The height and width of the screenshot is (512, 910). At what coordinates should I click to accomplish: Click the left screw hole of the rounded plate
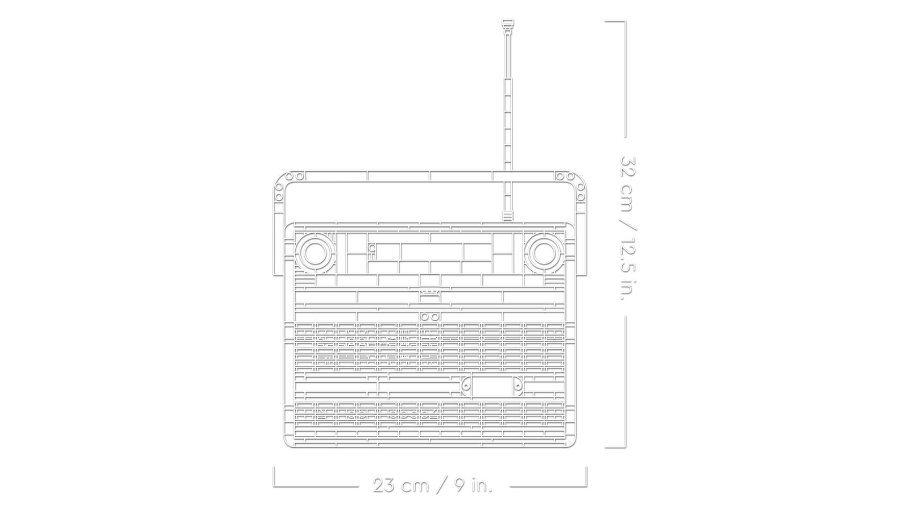(x=466, y=386)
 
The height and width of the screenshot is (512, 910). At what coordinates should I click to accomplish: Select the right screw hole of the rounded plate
(x=519, y=386)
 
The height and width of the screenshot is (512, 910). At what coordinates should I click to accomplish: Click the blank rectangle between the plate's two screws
(x=492, y=386)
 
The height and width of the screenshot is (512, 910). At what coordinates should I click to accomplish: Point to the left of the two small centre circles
(x=424, y=316)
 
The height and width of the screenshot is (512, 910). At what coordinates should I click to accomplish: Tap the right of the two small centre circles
(x=435, y=316)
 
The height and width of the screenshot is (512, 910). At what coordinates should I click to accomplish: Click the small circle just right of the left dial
(x=372, y=247)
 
